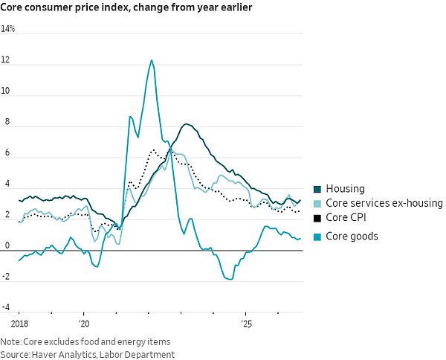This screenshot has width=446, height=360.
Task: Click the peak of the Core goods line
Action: pos(152,60)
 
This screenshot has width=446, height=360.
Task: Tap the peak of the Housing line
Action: pos(186,124)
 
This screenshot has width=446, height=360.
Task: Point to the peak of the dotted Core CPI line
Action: pos(154,150)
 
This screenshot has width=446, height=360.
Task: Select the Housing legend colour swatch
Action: pos(317,189)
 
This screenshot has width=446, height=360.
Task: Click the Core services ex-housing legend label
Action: pos(384,203)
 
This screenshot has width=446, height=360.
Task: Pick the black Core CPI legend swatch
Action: pos(317,218)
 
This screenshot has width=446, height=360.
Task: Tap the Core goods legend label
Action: pos(352,237)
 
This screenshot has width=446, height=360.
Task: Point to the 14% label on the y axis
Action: pos(7,29)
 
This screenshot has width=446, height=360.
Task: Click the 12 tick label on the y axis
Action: pos(5,60)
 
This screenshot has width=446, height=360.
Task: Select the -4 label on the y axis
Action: pos(5,307)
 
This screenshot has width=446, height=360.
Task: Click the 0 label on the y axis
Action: pos(7,245)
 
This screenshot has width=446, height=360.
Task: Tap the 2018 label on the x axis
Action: pos(19,324)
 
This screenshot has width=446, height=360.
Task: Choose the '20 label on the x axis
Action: pos(84,324)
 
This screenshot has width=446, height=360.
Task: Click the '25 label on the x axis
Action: pos(246,324)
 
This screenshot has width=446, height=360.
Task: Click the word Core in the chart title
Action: pos(11,7)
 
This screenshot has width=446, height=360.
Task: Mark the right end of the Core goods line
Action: pos(300,239)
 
